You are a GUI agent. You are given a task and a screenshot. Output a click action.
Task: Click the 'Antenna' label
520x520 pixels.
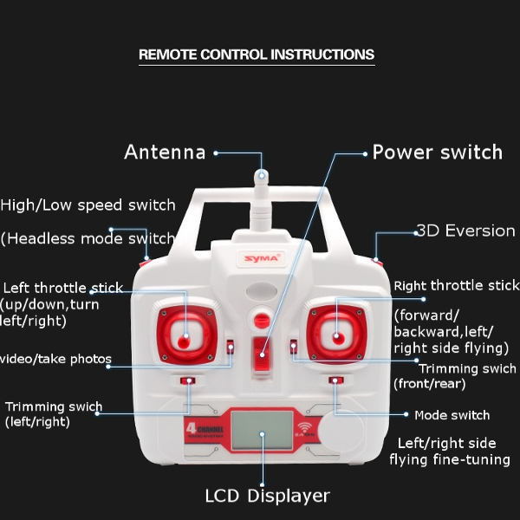pyautogui.click(x=165, y=153)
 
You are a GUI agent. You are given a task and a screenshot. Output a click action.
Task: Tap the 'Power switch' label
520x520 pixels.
pyautogui.click(x=437, y=153)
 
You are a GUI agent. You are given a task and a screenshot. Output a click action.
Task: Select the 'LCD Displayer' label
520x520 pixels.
pyautogui.click(x=267, y=497)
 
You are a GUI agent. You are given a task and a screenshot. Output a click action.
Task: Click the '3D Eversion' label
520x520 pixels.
pyautogui.click(x=465, y=231)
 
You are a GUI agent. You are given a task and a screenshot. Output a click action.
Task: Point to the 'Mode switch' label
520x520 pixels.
pyautogui.click(x=452, y=415)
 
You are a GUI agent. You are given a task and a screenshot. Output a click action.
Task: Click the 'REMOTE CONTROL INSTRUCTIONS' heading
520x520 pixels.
pyautogui.click(x=257, y=55)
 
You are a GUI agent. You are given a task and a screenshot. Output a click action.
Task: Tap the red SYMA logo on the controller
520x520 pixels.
pyautogui.click(x=250, y=257)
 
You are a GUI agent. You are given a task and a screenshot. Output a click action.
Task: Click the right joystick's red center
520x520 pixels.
pyautogui.click(x=335, y=333)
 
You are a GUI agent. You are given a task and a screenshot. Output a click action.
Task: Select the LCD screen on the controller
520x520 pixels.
pyautogui.click(x=262, y=431)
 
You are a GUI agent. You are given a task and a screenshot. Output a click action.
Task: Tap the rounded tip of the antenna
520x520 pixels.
pyautogui.click(x=260, y=177)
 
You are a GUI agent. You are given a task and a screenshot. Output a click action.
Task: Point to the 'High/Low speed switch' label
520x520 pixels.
pyautogui.click(x=88, y=205)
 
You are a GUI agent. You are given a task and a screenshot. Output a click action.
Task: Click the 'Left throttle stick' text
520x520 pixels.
pyautogui.click(x=63, y=288)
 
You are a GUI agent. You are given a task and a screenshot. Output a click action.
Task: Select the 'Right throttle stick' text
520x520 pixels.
pyautogui.click(x=456, y=286)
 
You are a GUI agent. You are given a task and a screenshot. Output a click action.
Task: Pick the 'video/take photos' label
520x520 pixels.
pyautogui.click(x=55, y=359)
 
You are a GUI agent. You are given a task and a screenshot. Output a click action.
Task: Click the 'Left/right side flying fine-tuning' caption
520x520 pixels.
pyautogui.click(x=449, y=451)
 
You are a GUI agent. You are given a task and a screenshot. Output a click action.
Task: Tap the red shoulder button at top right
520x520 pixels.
pyautogui.click(x=376, y=257)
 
